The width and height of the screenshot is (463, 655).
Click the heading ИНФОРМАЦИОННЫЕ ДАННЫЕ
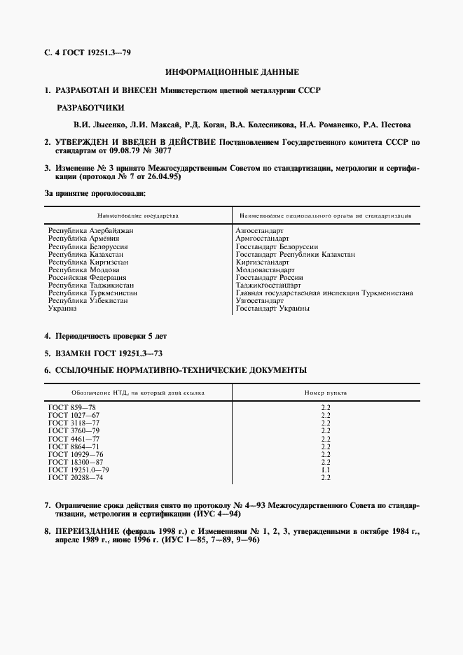(232, 72)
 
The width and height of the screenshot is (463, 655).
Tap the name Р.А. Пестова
(387, 125)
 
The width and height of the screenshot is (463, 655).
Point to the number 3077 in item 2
(160, 150)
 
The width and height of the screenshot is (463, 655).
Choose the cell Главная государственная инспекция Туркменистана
(324, 293)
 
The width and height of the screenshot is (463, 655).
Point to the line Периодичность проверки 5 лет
(111, 335)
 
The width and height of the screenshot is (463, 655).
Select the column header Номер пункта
(325, 393)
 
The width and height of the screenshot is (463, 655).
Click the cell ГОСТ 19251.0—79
(78, 470)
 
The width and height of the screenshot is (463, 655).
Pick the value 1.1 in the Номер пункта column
(325, 470)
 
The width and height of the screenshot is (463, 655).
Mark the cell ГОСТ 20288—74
(76, 477)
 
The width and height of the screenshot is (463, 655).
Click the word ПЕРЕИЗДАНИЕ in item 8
(92, 533)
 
